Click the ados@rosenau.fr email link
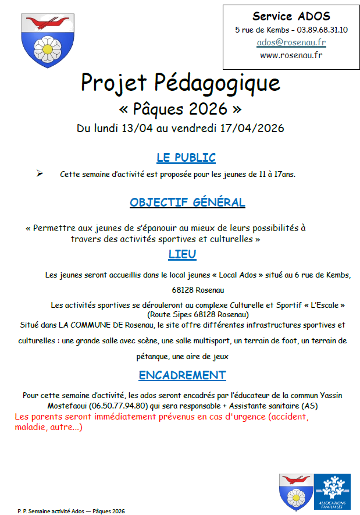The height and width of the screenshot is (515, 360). click(x=291, y=42)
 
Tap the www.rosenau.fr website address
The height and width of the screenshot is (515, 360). click(x=291, y=55)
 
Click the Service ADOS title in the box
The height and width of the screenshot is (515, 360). click(x=291, y=16)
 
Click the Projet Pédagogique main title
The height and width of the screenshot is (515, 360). click(x=180, y=83)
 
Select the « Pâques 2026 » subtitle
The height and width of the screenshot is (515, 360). click(x=180, y=109)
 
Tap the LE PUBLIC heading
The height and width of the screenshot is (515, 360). click(x=186, y=158)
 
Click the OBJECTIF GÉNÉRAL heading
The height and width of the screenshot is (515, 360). click(x=187, y=203)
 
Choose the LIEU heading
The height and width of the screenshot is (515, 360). click(x=182, y=254)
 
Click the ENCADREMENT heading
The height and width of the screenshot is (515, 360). click(x=182, y=375)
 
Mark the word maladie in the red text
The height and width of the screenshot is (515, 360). click(x=30, y=428)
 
